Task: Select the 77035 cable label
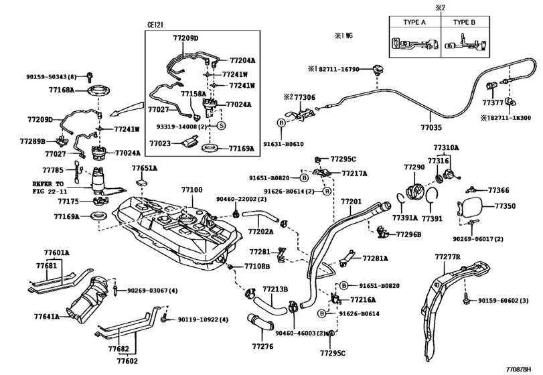[x=431, y=125]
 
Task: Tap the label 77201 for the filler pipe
[x=351, y=201]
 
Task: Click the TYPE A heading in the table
[x=414, y=22]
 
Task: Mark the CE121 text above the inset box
[x=155, y=25]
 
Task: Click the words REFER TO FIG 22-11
[x=48, y=187]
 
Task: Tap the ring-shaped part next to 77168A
[x=98, y=89]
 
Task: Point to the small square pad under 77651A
[x=141, y=182]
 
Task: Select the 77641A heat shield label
[x=48, y=315]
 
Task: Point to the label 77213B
[x=275, y=289]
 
